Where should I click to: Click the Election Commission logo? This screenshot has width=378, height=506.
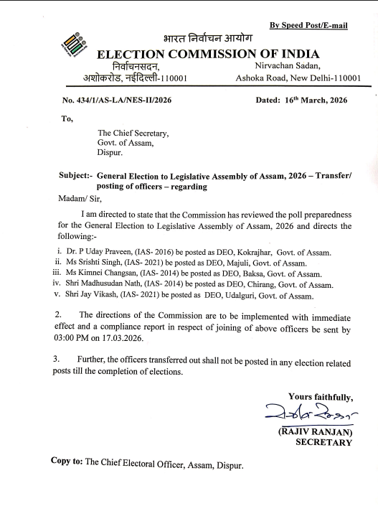[x=73, y=44]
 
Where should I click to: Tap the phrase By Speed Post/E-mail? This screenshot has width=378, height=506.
[x=308, y=26]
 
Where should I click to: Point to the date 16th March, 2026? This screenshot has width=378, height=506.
[x=311, y=100]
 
